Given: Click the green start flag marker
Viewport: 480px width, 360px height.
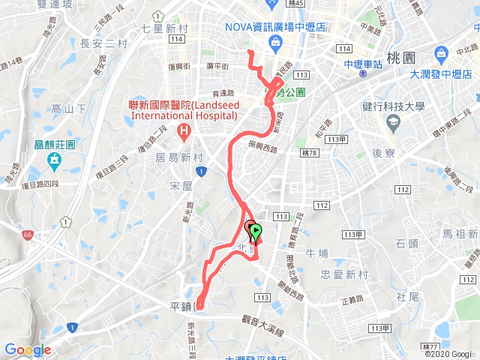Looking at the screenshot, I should pyautogui.click(x=256, y=231).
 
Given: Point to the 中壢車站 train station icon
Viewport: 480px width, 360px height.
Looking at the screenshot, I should pyautogui.click(x=362, y=74).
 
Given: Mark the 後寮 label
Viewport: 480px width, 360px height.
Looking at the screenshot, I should pyautogui.click(x=383, y=152).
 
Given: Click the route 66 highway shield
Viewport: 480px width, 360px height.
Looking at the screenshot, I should pyautogui.click(x=28, y=235).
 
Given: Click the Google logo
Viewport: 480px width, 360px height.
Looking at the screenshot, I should pyautogui.click(x=27, y=349).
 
